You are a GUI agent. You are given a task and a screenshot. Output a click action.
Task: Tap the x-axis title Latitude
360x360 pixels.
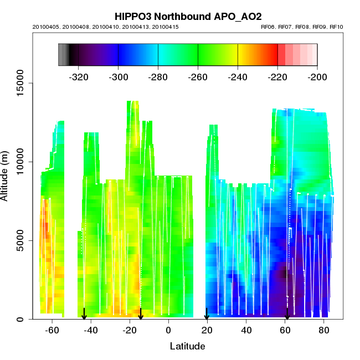pyautogui.click(x=187, y=346)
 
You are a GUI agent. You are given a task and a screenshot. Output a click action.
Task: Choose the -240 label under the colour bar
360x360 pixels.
pyautogui.click(x=238, y=76)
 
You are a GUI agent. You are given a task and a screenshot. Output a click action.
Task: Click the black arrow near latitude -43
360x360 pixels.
pyautogui.click(x=84, y=314)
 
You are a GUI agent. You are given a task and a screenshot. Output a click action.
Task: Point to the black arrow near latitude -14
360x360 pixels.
pyautogui.click(x=141, y=314)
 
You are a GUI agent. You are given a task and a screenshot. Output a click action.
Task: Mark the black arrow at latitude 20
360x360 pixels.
pyautogui.click(x=207, y=314)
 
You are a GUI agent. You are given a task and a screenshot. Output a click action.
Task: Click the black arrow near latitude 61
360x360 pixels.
pyautogui.click(x=287, y=314)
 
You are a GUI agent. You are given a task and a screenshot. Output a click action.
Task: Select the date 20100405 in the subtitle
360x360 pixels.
pyautogui.click(x=45, y=27)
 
